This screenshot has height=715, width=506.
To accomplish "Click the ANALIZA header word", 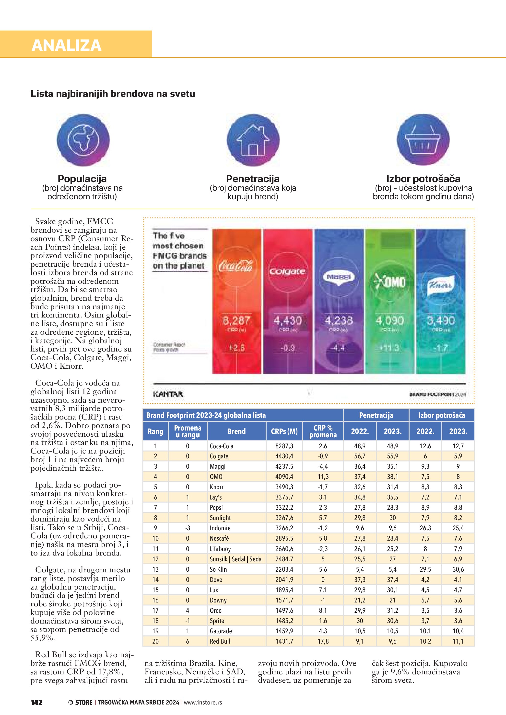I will click(x=66, y=45).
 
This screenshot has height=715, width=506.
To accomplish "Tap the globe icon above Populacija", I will click(x=83, y=140).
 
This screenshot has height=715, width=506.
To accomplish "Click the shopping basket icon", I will click(x=423, y=140).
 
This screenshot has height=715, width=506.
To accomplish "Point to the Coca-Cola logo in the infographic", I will click(x=236, y=266).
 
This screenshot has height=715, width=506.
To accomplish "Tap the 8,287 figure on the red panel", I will click(x=236, y=320).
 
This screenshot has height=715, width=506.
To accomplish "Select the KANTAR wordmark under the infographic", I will click(x=168, y=394).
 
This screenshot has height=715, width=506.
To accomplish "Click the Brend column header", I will click(x=236, y=431).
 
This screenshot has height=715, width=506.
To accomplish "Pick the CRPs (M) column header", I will click(x=284, y=431).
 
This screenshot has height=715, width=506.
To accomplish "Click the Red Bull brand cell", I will click(x=220, y=641).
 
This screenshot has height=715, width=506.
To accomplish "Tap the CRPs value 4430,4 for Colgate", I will click(x=284, y=456).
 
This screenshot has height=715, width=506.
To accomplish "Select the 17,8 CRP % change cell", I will click(x=323, y=641).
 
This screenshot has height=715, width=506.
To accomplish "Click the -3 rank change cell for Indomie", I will click(x=187, y=528).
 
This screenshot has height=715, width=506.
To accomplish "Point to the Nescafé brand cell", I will click(x=219, y=538).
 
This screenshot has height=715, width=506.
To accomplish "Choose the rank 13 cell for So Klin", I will click(x=155, y=569).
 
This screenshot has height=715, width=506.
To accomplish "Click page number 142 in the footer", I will click(x=37, y=702).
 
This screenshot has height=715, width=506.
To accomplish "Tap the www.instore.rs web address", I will click(x=203, y=702).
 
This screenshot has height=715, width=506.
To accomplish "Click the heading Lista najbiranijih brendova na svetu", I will click(x=113, y=94).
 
